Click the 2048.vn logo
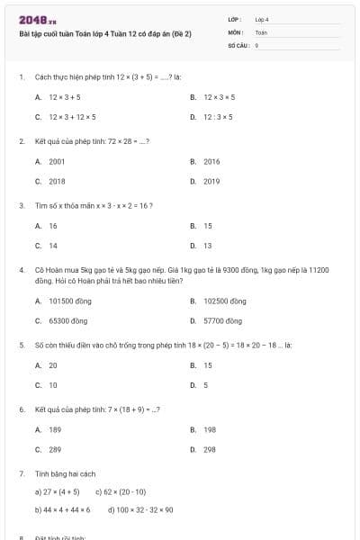38,19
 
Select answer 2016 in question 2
211,161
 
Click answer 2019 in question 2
211,181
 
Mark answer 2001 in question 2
57,161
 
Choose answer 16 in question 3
53,226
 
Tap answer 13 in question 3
208,245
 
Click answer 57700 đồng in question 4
222,320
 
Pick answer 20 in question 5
53,365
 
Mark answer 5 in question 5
205,385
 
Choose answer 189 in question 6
55,430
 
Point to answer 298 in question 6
210,449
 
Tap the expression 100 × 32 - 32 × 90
140,509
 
